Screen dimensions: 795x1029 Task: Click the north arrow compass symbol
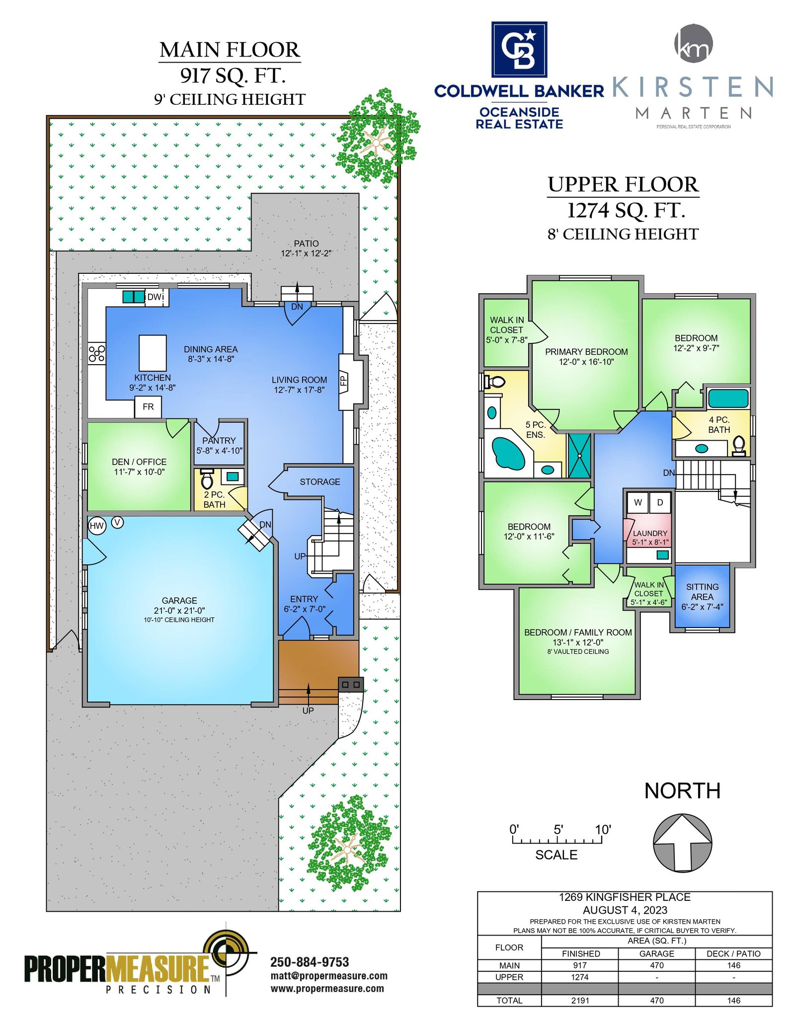682,842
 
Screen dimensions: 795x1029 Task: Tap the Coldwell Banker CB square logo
519,49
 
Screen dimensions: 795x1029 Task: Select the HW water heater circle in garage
97,526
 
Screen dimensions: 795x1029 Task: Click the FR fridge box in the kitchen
148,407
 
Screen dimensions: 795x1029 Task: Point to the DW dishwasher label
155,297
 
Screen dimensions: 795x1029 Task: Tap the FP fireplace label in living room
343,381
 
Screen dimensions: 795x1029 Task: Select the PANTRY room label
219,441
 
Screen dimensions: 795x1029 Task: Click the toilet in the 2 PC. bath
207,479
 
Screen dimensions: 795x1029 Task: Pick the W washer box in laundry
638,502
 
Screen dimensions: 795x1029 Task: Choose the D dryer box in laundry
660,502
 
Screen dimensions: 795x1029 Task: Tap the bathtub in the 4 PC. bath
728,398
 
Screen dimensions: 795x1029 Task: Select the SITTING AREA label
702,592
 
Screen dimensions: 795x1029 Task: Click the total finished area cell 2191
580,1001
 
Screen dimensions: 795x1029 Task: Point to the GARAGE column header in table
656,953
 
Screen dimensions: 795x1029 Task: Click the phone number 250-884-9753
310,962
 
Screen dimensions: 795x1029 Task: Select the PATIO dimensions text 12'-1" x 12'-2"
306,253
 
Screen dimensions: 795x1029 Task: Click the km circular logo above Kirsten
694,43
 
